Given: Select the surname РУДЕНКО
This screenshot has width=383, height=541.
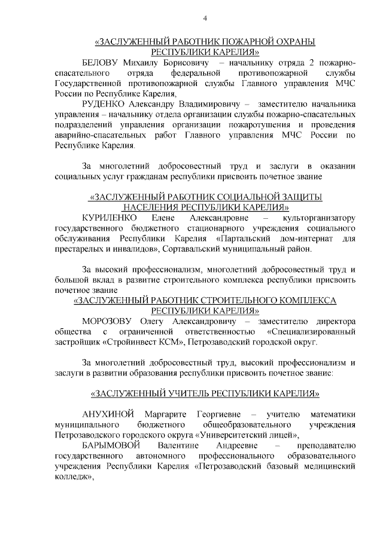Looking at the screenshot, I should coord(104,103).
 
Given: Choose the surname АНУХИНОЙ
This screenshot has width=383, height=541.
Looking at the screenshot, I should coord(110,414).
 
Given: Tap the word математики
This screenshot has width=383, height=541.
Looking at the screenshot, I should coord(333,414).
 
